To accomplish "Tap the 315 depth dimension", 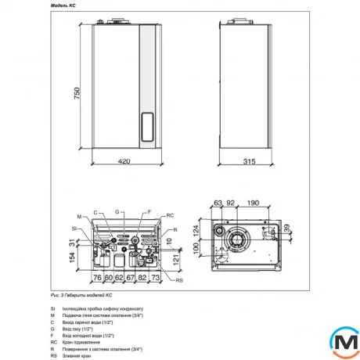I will [x=250, y=163].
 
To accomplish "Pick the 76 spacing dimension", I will [x=98, y=278].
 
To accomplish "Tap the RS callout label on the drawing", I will [x=179, y=280].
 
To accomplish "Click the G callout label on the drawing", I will [x=116, y=211].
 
